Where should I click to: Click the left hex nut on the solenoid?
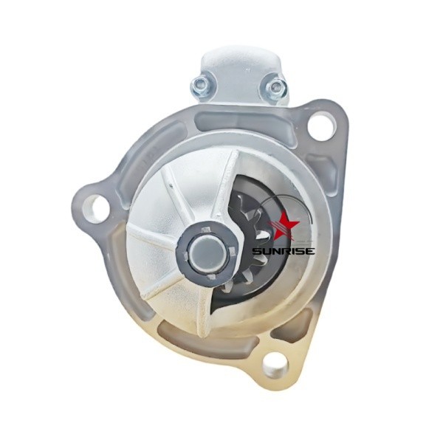200,83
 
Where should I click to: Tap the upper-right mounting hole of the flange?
321,126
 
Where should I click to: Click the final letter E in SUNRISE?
309,250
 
